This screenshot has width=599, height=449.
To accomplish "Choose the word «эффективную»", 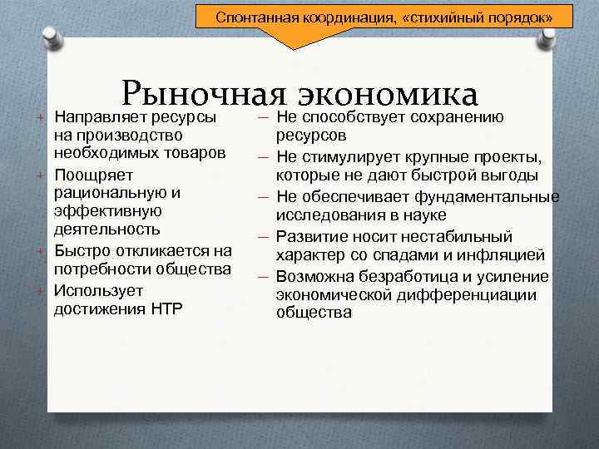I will pyautogui.click(x=101, y=210).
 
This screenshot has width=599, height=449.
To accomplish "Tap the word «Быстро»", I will pyautogui.click(x=77, y=250).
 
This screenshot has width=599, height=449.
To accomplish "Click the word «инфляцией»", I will pyautogui.click(x=507, y=255).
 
